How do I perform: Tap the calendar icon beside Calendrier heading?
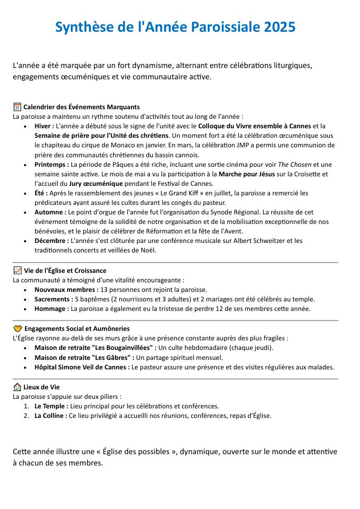(17, 107)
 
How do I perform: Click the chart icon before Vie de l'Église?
(18, 271)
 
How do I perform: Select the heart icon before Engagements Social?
(18, 329)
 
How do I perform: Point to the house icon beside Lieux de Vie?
(17, 387)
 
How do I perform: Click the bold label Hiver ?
(44, 126)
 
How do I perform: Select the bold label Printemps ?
(52, 165)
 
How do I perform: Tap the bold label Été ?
(41, 193)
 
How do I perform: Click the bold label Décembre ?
(52, 241)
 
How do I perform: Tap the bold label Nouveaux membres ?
(66, 290)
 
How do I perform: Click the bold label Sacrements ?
(54, 299)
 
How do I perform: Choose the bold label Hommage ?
(52, 309)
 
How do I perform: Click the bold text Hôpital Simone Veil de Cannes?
(82, 367)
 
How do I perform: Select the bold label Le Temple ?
(51, 406)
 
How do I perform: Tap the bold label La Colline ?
(51, 416)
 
